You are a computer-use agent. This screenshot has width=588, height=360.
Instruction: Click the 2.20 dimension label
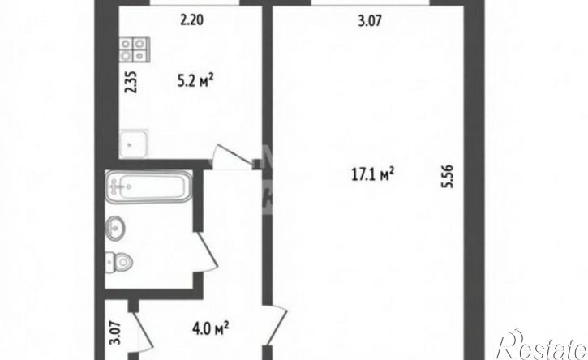click(x=192, y=20)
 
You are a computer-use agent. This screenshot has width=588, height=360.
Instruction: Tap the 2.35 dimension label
click(x=131, y=82)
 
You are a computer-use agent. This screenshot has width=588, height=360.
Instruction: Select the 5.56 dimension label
click(x=448, y=176)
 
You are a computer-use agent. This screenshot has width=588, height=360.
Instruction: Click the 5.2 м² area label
click(x=195, y=80)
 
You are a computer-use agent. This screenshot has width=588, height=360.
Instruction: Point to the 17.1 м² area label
click(x=373, y=174)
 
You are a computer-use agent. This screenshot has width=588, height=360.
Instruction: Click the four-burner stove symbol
click(x=135, y=49)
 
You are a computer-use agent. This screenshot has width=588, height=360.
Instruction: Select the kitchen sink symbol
click(x=134, y=144)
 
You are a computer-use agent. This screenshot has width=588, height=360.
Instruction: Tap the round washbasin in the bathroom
click(x=115, y=228)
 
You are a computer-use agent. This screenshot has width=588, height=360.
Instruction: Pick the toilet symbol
click(x=119, y=262)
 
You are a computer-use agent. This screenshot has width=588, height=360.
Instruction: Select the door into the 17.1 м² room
click(x=276, y=325)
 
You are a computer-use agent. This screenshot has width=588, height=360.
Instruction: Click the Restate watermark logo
click(x=541, y=345)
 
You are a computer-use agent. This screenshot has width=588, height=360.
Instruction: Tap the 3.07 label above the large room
click(x=370, y=20)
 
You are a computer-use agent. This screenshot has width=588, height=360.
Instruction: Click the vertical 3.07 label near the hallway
click(x=117, y=333)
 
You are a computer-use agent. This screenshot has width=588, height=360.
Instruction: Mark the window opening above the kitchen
click(x=195, y=3)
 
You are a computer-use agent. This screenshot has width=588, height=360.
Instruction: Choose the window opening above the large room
click(x=371, y=3)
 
